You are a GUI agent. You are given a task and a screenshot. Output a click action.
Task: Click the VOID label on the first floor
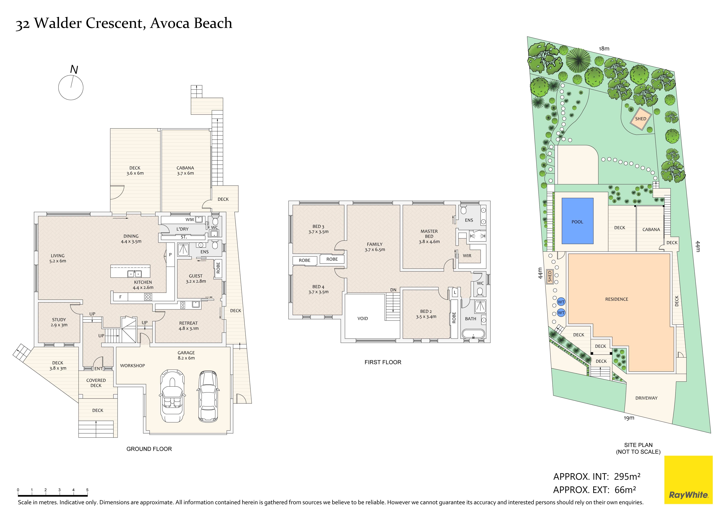click(x=363, y=318)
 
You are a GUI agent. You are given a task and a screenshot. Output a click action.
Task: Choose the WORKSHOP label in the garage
click(x=132, y=366)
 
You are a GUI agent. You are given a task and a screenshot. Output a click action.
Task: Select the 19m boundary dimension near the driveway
click(x=629, y=418)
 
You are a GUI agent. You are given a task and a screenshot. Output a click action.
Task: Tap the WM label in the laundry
click(x=190, y=220)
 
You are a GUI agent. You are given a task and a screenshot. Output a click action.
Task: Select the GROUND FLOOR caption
click(x=149, y=449)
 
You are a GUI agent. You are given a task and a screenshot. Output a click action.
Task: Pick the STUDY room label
click(x=59, y=320)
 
